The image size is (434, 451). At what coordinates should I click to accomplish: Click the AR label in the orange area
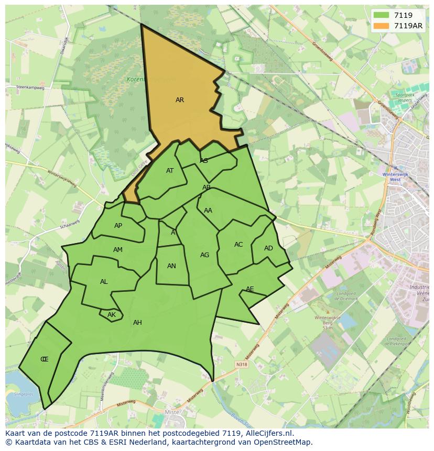coord(180,100)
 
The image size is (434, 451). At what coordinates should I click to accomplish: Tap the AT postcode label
coord(170,171)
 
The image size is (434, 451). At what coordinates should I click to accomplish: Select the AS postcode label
coord(204,161)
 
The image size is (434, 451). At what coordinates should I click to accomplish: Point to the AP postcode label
coord(118,226)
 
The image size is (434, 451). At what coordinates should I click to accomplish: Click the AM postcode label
coord(118,250)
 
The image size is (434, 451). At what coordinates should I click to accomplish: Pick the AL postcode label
coord(104,282)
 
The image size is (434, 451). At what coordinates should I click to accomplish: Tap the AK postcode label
coord(111,315)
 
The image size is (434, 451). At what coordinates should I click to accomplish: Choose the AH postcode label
coord(137,323)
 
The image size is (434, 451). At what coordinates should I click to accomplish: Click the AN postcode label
coord(171,266)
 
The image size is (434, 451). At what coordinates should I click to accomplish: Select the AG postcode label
coord(204,255)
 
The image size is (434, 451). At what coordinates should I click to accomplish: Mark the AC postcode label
coord(238,245)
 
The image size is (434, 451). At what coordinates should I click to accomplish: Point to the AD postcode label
coord(268,248)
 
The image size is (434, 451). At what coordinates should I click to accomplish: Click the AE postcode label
coord(250,289)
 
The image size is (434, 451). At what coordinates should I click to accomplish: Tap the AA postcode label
coord(208,211)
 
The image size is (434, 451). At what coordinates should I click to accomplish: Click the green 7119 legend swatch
coord(381,16)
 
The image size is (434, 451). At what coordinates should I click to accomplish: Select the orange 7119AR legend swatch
coord(381,26)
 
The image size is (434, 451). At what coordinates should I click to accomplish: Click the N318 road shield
coord(241,365)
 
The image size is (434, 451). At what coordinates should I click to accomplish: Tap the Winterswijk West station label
coord(392,177)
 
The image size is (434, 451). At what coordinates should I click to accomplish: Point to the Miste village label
coord(172,413)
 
